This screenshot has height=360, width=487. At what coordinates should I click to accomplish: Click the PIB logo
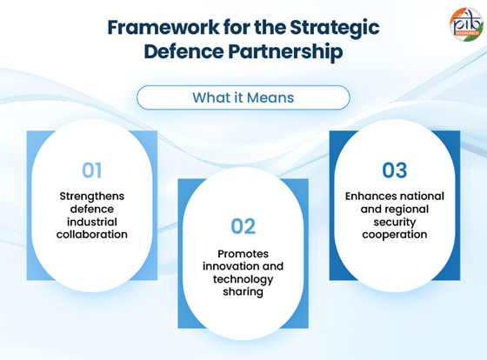(x=466, y=24)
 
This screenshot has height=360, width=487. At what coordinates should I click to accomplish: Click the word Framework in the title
(x=163, y=27)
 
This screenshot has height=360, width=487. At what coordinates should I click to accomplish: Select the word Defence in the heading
(x=183, y=51)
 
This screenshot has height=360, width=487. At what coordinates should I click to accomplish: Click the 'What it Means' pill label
(x=243, y=97)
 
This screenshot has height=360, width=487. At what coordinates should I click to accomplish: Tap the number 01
(x=91, y=170)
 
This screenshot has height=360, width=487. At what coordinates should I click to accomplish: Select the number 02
(x=243, y=226)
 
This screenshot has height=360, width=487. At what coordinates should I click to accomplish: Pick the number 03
(x=395, y=170)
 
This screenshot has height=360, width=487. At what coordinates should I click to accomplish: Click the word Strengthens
(x=92, y=197)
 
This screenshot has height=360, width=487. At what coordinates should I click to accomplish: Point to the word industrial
(x=92, y=222)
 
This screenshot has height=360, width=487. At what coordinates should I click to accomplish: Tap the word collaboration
(x=92, y=235)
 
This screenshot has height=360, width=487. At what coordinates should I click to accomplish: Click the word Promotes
(x=243, y=254)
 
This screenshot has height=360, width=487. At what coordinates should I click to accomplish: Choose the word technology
(x=243, y=280)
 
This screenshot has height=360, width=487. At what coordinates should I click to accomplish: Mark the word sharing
(x=243, y=292)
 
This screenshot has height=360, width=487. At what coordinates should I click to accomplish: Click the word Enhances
(x=369, y=197)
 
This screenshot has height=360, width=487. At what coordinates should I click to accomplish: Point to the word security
(x=395, y=223)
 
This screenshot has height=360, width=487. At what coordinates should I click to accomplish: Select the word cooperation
(x=395, y=235)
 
